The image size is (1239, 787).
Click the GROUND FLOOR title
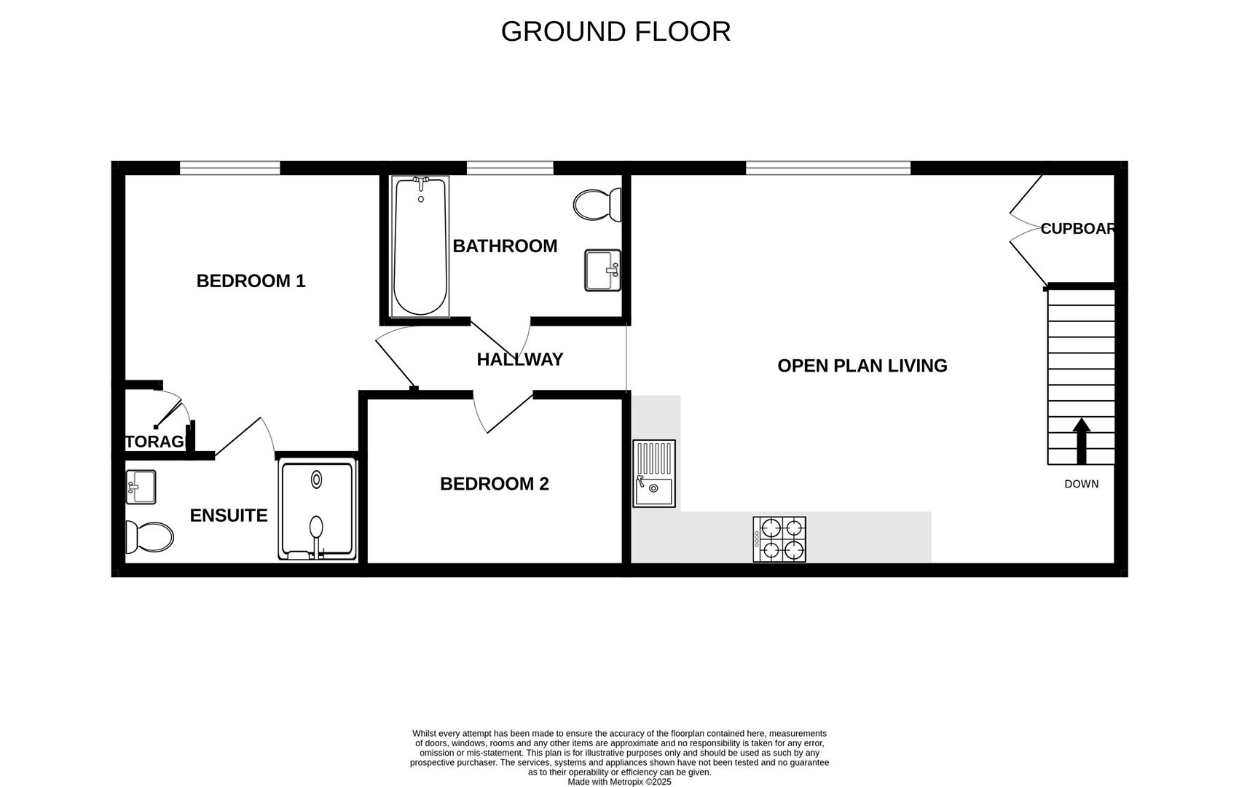(x=615, y=31)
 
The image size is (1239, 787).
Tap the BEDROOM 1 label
(x=251, y=281)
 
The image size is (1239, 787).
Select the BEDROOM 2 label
(x=494, y=484)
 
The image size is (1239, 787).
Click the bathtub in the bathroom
(x=420, y=246)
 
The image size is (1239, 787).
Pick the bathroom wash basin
(x=602, y=270)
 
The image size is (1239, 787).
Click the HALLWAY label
(x=519, y=359)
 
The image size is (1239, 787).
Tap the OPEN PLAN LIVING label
(x=862, y=366)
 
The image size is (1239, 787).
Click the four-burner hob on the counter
(x=779, y=539)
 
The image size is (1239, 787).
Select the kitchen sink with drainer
(x=653, y=474)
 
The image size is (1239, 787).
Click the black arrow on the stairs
(x=1081, y=441)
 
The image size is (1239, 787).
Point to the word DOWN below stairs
(x=1081, y=484)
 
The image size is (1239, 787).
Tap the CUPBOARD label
(x=1077, y=229)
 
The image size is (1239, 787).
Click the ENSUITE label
(x=229, y=516)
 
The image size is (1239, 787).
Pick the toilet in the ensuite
(x=149, y=537)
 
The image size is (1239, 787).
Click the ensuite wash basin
(x=141, y=487)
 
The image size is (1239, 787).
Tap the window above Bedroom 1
(x=229, y=168)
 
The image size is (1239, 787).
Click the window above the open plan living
(x=827, y=168)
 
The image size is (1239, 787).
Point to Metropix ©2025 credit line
(x=619, y=782)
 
